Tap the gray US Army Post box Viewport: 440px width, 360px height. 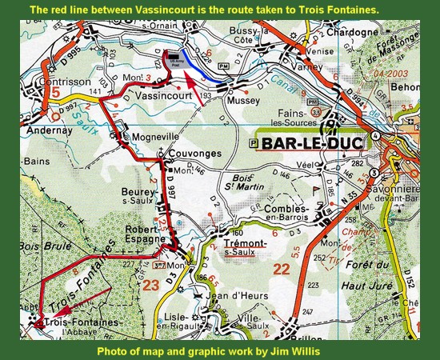[176, 56]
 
